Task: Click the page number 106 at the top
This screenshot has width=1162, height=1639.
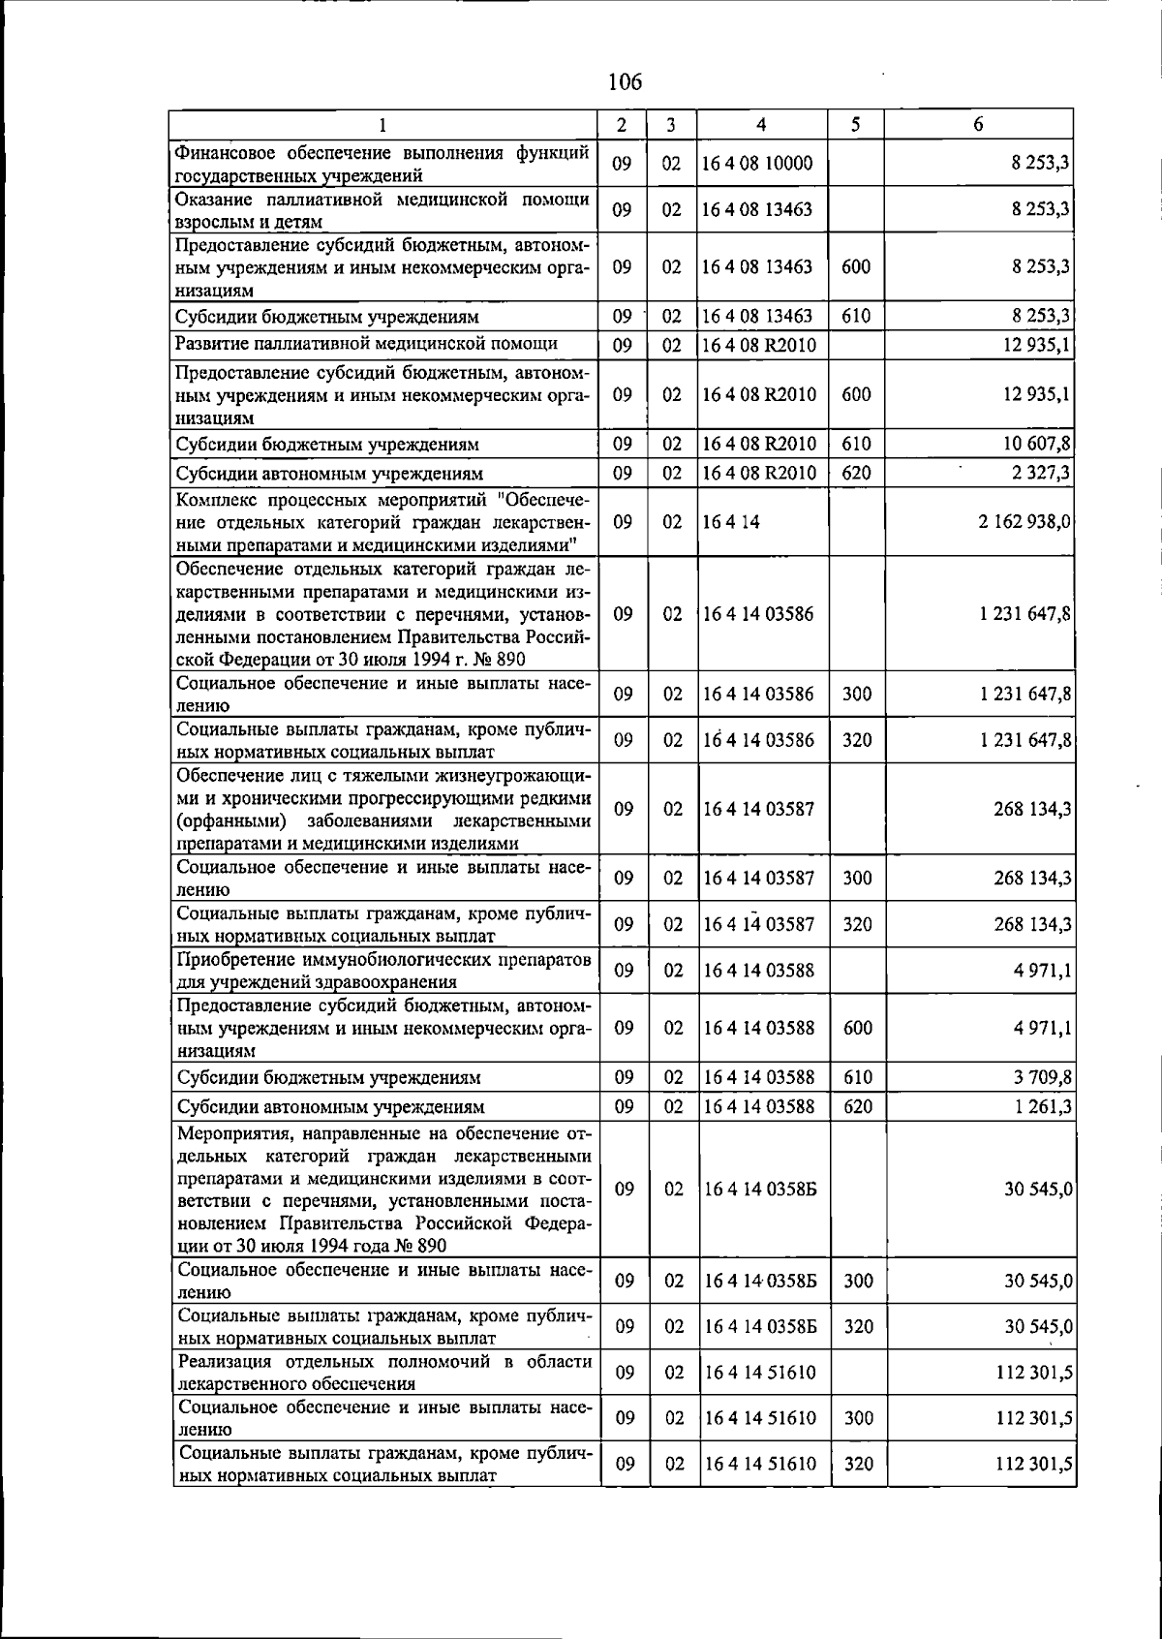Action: (625, 82)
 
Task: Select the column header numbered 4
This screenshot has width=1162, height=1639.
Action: (762, 125)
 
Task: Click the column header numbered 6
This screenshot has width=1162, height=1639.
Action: (978, 125)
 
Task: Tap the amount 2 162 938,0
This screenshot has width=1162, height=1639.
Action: (1024, 522)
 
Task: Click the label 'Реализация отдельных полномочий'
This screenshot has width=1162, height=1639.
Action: (384, 1373)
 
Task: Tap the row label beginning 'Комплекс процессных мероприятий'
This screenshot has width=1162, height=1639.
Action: (384, 522)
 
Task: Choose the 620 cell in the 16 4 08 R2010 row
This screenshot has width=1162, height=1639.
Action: (856, 473)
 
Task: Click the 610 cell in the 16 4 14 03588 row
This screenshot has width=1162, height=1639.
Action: (857, 1077)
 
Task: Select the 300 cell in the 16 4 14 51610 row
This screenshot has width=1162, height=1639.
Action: (857, 1418)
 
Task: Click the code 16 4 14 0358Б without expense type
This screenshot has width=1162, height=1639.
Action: (760, 1189)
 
